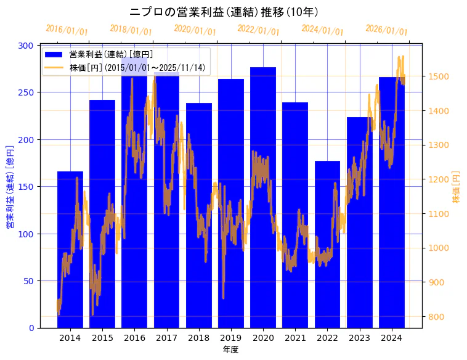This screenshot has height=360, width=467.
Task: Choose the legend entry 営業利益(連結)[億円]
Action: click(111, 55)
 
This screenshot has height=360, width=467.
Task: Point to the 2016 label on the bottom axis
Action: click(134, 338)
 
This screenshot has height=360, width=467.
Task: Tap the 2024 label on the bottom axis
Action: click(392, 338)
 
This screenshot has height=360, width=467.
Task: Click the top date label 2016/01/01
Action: click(67, 30)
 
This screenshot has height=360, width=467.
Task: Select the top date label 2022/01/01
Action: click(259, 30)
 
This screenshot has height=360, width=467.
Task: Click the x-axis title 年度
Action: click(230, 350)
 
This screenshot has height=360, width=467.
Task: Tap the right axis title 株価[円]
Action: click(457, 187)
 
